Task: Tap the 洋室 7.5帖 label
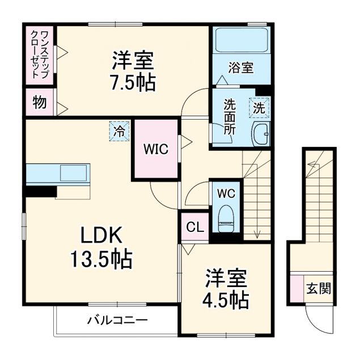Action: coord(133,70)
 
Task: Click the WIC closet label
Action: coord(155,149)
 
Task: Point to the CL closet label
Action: coord(194,228)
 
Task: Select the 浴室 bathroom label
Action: coord(240,68)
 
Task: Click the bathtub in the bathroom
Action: coord(240,40)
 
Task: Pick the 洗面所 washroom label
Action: coord(229,116)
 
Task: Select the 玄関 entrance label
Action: coord(318,289)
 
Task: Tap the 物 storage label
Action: coord(39,103)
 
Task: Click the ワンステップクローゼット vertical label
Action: coord(39,56)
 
